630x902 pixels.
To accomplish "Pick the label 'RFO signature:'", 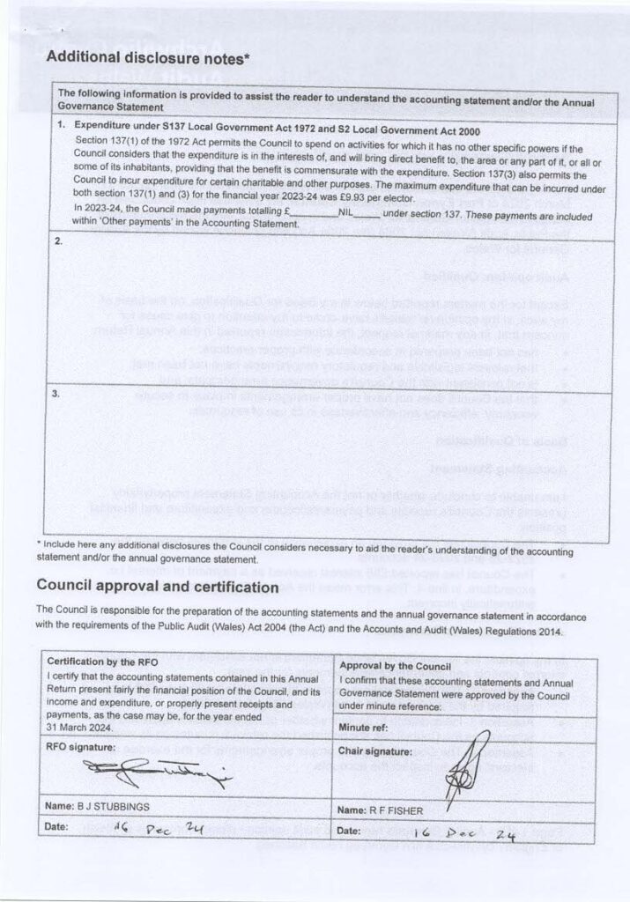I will [82, 746].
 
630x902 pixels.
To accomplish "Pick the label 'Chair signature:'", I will [375, 751].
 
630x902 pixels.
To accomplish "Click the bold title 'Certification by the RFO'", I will [103, 661].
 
